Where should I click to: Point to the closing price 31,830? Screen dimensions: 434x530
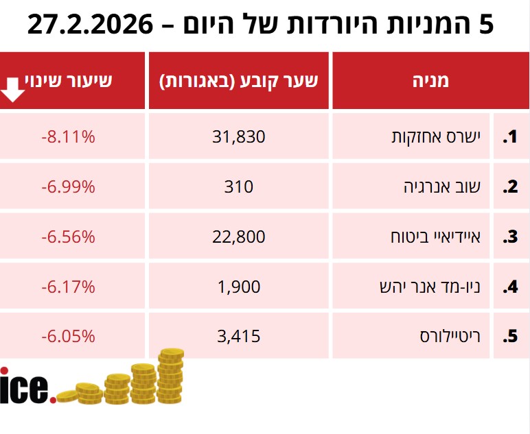tap(238, 136)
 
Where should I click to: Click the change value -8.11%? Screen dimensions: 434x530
tap(67, 136)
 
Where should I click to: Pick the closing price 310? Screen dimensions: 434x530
tap(238, 186)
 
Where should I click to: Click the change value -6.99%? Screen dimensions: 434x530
tap(67, 186)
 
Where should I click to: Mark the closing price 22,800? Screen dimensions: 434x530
tap(238, 237)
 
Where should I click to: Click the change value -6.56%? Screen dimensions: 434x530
tap(67, 237)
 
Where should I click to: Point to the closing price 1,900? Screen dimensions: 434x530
tap(238, 287)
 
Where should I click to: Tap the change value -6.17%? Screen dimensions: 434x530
tap(67, 287)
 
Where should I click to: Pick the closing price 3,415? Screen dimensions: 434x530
tap(238, 337)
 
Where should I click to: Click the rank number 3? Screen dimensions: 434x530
tap(509, 237)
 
